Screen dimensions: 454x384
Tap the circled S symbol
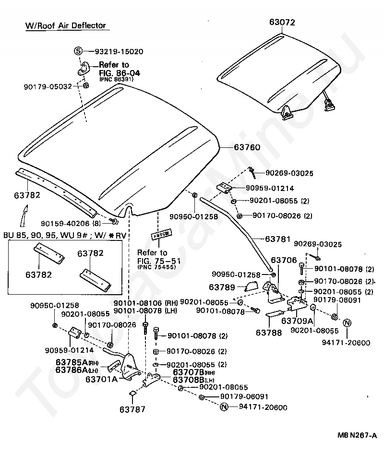(79, 51)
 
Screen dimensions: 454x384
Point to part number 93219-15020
(119, 51)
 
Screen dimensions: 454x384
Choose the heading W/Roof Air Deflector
(65, 25)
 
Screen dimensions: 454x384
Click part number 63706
(284, 260)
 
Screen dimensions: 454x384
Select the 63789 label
(222, 287)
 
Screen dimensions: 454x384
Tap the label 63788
(269, 332)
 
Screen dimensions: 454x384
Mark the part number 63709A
(297, 321)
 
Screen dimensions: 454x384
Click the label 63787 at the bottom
(132, 409)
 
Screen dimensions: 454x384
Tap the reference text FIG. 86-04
(119, 73)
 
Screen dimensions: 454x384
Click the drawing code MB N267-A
(357, 435)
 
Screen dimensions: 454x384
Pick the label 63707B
(189, 372)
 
